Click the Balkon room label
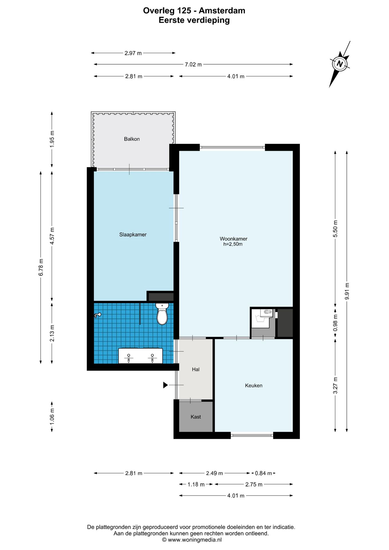click(132, 139)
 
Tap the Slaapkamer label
click(133, 235)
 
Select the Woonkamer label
click(233, 239)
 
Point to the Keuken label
click(254, 386)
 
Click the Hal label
click(196, 370)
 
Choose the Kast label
click(196, 417)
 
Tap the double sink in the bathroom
click(140, 356)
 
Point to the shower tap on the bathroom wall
click(98, 315)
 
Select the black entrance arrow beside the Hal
click(165, 385)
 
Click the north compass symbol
click(340, 64)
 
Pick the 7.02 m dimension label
click(193, 64)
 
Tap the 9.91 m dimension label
click(347, 291)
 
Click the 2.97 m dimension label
click(133, 53)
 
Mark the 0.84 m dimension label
click(263, 473)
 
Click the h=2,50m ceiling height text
click(233, 244)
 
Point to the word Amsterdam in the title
click(222, 11)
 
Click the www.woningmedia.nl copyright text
click(192, 540)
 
